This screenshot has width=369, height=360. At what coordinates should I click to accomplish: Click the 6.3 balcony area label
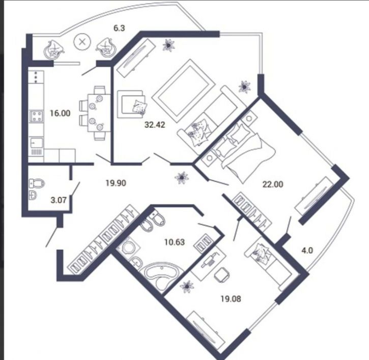119,29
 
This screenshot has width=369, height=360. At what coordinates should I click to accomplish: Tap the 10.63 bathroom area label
173,242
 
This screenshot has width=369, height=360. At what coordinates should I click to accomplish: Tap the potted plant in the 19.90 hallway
181,177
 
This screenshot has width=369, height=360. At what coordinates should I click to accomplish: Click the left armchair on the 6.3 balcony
54,49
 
